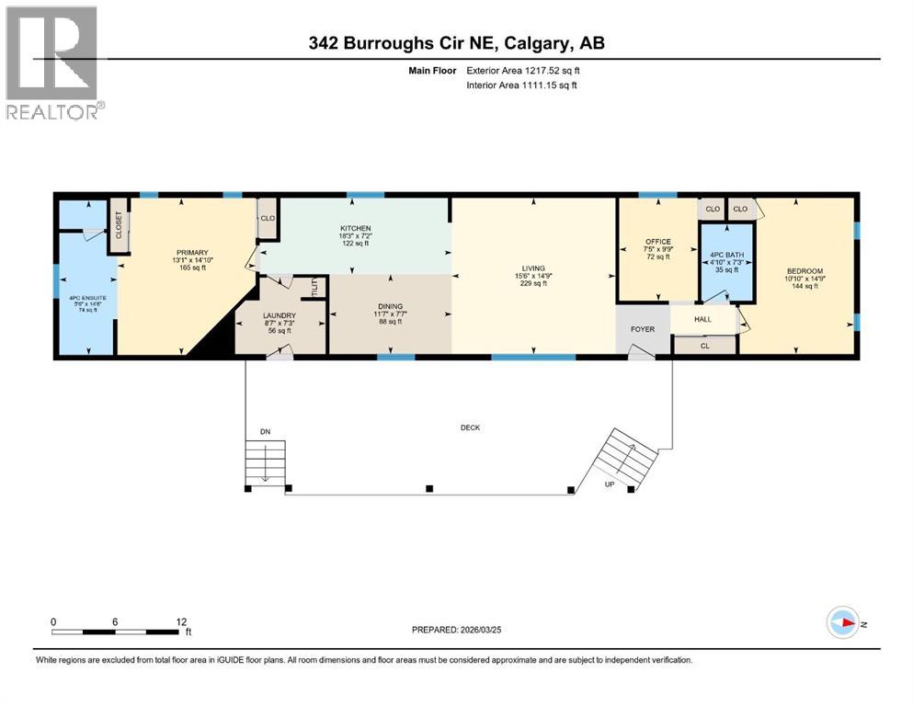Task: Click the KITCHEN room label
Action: click(354, 228)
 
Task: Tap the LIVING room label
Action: click(532, 268)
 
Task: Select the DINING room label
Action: click(390, 308)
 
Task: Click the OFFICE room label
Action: click(658, 242)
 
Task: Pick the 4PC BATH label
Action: click(725, 255)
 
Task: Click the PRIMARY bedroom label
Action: click(193, 253)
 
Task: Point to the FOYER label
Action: click(641, 327)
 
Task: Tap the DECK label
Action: click(471, 427)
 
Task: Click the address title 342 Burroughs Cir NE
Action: click(456, 43)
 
